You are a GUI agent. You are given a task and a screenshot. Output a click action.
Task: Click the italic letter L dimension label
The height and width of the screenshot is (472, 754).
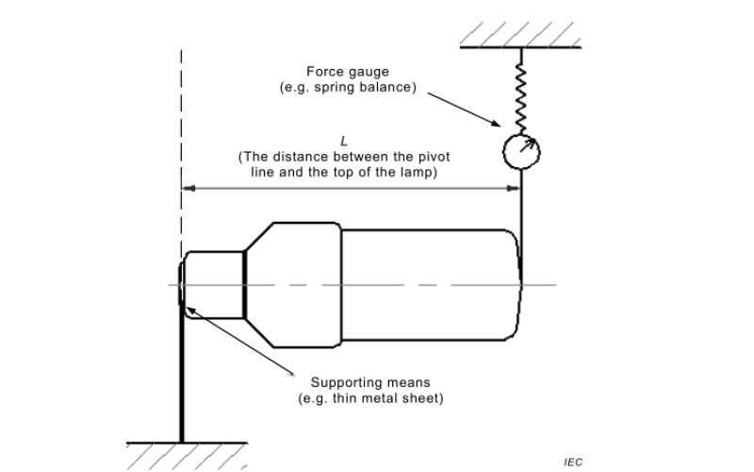343,141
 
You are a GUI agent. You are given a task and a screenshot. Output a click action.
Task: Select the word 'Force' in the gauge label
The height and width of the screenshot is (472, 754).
323,72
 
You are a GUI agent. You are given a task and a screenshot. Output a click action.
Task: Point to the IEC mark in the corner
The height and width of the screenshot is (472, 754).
573,463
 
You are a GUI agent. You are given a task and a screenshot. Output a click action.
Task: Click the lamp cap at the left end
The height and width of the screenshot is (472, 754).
214,284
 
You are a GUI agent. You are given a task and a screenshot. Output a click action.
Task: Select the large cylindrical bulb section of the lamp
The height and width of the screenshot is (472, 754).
429,284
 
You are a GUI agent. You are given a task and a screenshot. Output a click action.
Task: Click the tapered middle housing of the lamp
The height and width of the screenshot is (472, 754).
290,284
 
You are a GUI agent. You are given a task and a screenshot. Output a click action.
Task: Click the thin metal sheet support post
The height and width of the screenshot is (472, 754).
181,378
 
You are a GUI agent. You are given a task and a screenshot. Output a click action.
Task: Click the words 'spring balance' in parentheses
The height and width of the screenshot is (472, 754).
382,87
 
